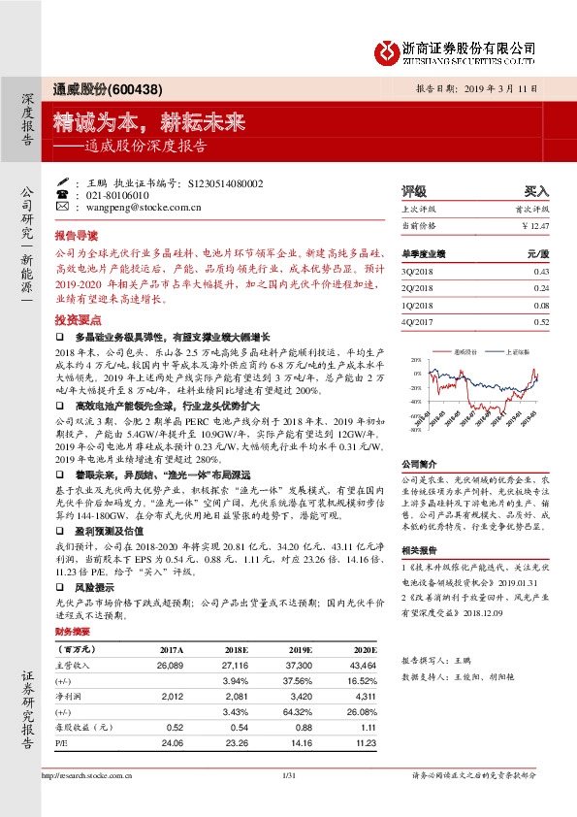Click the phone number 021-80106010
121,194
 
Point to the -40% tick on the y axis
416,401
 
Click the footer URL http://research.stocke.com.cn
87,776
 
